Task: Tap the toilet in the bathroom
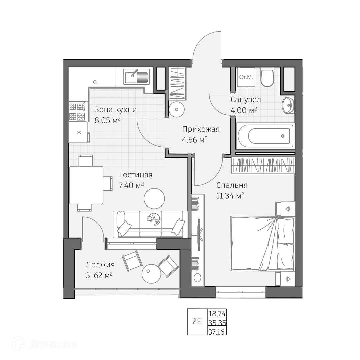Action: [x=267, y=77]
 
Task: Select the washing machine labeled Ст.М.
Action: [x=246, y=77]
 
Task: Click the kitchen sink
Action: [x=137, y=76]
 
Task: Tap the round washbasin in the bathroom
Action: [x=288, y=105]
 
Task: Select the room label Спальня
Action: [x=232, y=185]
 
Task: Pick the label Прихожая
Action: [x=201, y=129]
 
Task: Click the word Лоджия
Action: [x=100, y=265]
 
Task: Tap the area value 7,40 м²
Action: [x=131, y=185]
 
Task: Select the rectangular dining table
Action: [x=86, y=185]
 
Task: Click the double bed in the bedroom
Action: [x=263, y=243]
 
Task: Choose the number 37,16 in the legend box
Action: [x=217, y=332]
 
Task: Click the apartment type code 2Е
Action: [x=197, y=321]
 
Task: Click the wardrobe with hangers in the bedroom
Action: [x=263, y=165]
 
